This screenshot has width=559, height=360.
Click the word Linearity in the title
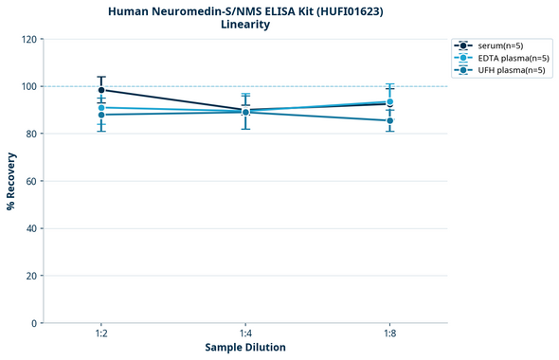[x=244, y=25]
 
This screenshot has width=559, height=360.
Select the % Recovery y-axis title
[x=11, y=180]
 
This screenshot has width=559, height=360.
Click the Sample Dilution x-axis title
[x=245, y=348]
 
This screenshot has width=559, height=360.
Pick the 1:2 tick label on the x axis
[x=100, y=334]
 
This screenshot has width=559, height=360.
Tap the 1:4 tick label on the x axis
[x=245, y=334]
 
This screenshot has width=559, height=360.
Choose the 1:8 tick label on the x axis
[x=390, y=334]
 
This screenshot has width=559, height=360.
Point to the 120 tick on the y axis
[x=28, y=40]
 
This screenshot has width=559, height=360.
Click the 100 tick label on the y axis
[x=28, y=87]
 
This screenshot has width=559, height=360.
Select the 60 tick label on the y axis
[x=31, y=181]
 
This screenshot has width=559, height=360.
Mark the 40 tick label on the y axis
[x=31, y=228]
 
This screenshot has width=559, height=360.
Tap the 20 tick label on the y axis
[x=31, y=276]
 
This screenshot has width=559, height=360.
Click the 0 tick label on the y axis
[x=34, y=323]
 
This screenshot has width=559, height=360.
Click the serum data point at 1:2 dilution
[x=100, y=90]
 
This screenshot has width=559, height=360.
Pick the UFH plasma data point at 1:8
[x=390, y=120]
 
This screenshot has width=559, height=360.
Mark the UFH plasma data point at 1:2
[x=100, y=115]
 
